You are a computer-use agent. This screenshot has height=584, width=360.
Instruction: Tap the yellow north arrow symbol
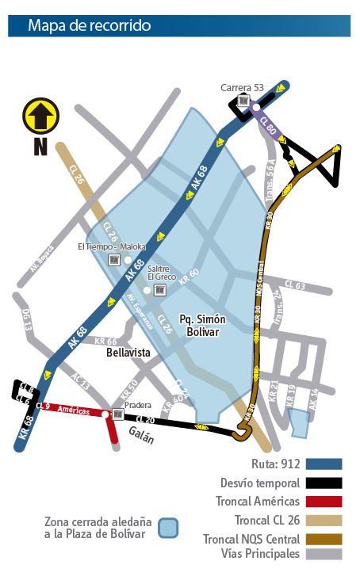click(x=40, y=116)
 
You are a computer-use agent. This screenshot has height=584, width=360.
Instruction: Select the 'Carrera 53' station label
click(x=242, y=88)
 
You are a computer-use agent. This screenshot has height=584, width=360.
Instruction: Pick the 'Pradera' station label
click(x=137, y=403)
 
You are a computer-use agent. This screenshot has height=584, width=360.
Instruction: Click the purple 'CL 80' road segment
click(x=268, y=124)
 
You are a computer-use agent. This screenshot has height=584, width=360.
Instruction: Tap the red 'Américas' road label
click(x=72, y=408)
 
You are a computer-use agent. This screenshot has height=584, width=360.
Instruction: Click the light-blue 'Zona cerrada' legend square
click(x=167, y=528)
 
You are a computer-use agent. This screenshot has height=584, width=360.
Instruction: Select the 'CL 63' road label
click(x=294, y=285)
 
